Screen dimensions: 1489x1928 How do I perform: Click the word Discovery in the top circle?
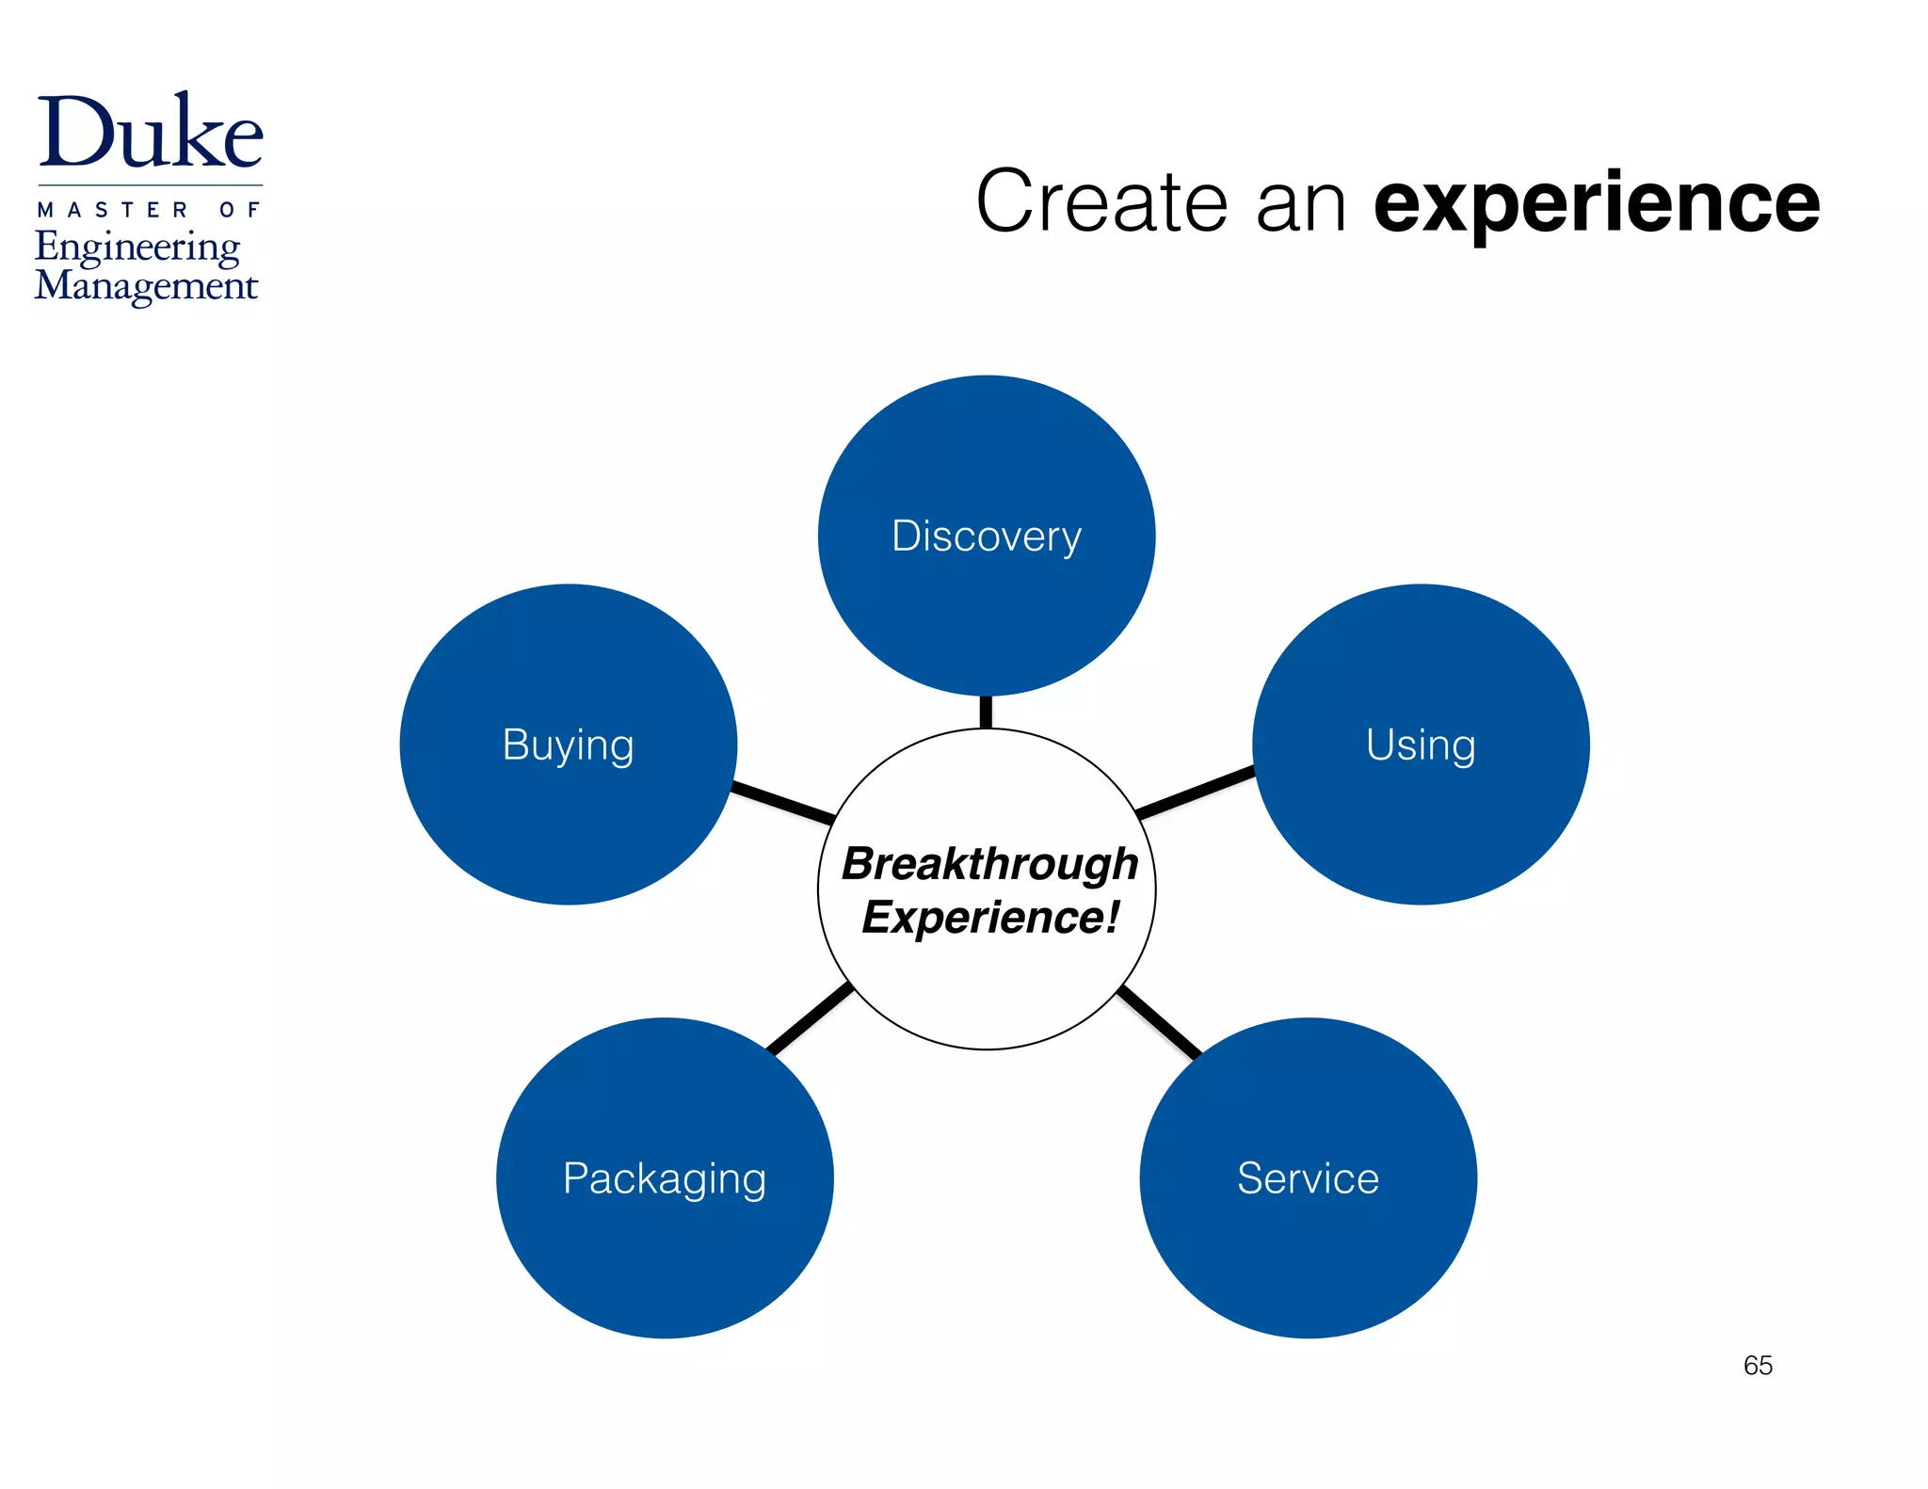click(x=986, y=536)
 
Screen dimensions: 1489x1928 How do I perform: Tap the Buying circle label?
click(x=568, y=745)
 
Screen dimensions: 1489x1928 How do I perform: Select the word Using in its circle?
click(x=1421, y=745)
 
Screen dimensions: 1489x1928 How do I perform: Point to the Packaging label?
click(x=665, y=1178)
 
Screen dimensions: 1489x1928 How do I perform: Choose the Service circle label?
click(x=1308, y=1178)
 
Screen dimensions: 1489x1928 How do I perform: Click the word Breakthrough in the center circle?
click(x=989, y=863)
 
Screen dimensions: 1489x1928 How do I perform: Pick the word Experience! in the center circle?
click(x=989, y=918)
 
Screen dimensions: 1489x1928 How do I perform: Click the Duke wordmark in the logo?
click(x=151, y=133)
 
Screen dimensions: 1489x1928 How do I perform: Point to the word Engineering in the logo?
click(x=138, y=248)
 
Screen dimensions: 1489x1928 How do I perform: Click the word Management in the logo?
click(x=146, y=285)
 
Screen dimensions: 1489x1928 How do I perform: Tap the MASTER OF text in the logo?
click(x=149, y=210)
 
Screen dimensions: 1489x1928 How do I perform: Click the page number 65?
click(x=1758, y=1365)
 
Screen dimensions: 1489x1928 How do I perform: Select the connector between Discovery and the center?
click(x=986, y=712)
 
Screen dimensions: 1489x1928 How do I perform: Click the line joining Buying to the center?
click(x=782, y=802)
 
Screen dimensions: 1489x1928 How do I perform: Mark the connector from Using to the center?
click(x=1195, y=792)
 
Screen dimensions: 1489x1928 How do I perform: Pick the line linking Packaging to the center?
click(x=811, y=1017)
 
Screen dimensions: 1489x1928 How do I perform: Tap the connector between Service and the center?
click(x=1159, y=1022)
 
